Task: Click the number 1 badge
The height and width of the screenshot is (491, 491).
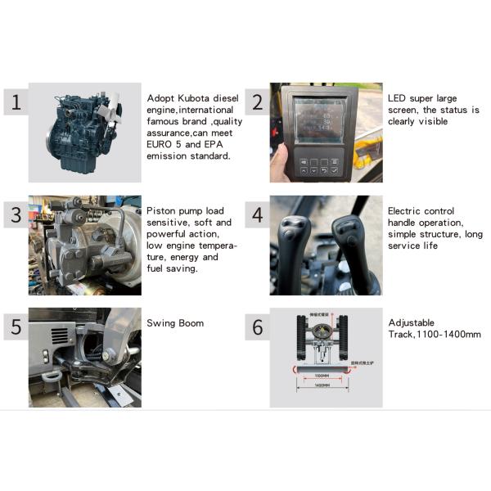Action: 15,102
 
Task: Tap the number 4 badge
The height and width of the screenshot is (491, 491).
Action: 258,215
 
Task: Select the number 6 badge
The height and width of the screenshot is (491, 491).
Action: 258,327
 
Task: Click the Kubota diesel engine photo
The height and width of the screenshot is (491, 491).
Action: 85,131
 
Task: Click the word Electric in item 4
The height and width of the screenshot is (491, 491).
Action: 407,210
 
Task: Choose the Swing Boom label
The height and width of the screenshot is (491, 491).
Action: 175,322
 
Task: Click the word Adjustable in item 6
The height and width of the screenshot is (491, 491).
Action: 412,322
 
